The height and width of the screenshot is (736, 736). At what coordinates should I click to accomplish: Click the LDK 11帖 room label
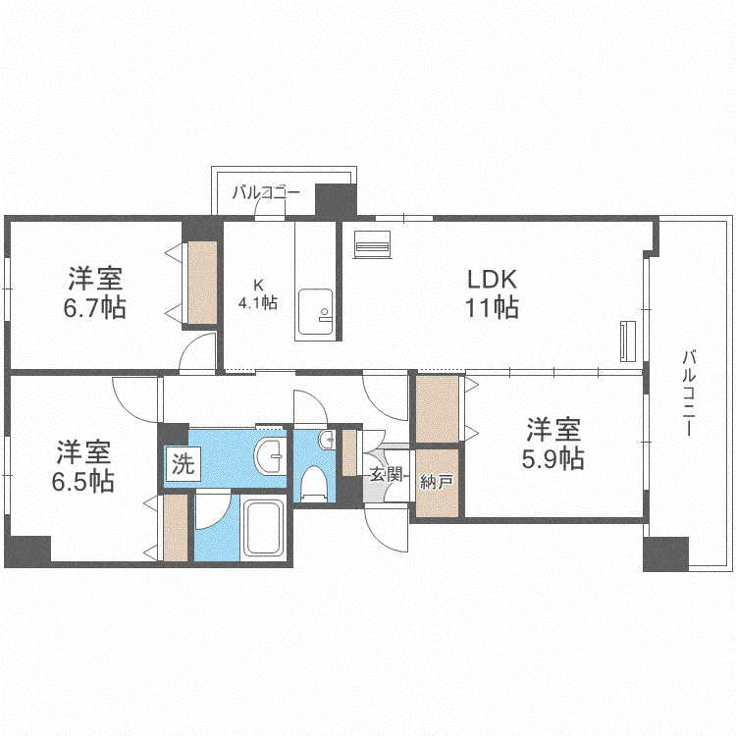pos(492,293)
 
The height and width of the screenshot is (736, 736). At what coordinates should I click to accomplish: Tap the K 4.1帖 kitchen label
pos(258,294)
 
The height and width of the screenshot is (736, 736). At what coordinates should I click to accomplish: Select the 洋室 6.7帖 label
pos(95,292)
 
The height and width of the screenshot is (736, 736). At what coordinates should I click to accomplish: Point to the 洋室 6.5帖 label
pos(83,466)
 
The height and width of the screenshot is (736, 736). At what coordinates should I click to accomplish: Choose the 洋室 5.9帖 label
pos(552,444)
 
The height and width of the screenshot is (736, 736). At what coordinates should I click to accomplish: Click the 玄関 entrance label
pos(387,474)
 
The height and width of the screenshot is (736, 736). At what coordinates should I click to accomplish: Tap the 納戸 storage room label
pos(437,482)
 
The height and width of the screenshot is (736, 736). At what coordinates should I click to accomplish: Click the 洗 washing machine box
pos(184,464)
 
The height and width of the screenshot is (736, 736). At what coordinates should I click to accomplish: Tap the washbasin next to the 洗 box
pos(271,455)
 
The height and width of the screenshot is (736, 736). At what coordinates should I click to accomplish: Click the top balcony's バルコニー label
pos(266,192)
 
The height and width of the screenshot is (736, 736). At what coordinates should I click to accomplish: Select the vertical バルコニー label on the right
pos(689,393)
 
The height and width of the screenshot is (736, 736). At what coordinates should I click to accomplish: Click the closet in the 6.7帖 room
pos(202,283)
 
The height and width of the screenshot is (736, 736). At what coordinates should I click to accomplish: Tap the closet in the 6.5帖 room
pos(176,527)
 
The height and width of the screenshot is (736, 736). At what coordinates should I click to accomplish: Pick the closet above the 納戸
pos(438,409)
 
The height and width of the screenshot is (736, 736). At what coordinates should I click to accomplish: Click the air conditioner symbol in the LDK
pos(372,244)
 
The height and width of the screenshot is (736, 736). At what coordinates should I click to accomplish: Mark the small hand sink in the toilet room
pos(326,440)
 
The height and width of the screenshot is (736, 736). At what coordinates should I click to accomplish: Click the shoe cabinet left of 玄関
pos(349,453)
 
